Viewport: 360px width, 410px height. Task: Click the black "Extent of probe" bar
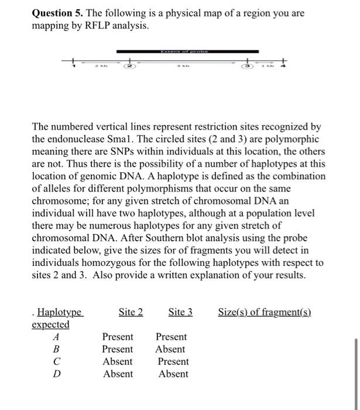[180, 52]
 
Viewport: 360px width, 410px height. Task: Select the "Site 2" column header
[131, 312]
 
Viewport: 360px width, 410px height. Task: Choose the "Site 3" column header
[180, 312]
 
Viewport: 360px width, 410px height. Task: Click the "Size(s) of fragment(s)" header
[264, 312]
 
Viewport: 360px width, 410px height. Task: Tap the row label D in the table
[56, 374]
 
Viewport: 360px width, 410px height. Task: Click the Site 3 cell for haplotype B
[170, 349]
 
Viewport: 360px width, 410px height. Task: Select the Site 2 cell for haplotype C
[118, 361]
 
